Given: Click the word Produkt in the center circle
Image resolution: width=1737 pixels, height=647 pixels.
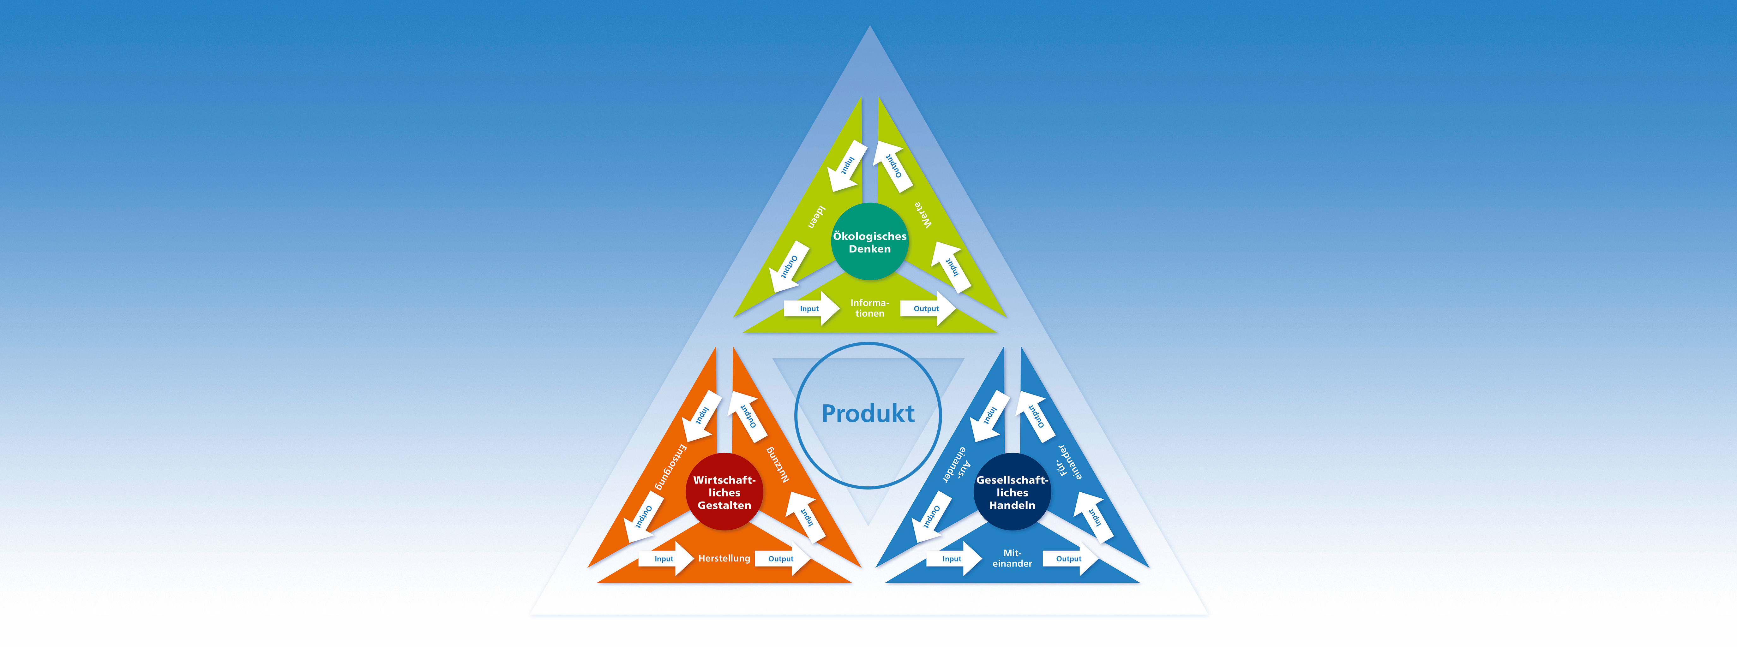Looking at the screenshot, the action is [x=868, y=413].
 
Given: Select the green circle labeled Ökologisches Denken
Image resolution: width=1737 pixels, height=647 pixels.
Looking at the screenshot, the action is [x=870, y=241].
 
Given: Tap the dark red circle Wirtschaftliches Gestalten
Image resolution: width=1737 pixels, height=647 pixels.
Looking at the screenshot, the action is [x=724, y=491].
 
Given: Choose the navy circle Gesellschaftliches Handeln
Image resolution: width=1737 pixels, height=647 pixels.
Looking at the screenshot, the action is [x=1012, y=491].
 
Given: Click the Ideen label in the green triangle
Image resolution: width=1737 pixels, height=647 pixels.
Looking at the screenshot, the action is [x=817, y=217].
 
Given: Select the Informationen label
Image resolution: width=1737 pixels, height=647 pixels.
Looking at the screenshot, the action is [x=870, y=308].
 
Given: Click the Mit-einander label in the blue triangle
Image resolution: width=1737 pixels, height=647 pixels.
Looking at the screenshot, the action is [x=1012, y=558].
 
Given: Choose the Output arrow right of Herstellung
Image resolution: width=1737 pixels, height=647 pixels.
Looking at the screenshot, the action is [x=782, y=559].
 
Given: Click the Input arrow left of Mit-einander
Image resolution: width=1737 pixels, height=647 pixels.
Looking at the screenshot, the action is [x=953, y=559].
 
